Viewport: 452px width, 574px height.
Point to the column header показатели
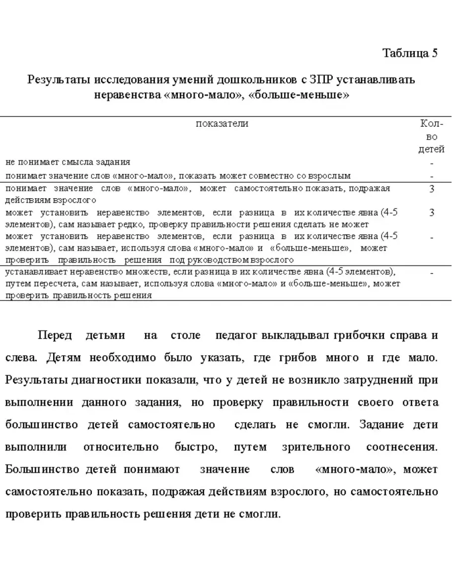(222, 124)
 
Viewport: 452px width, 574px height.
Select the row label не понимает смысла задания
(68, 162)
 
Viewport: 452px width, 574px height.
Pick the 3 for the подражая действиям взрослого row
(432, 189)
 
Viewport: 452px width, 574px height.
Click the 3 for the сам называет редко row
(432, 213)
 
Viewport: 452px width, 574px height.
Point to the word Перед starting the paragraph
(55, 335)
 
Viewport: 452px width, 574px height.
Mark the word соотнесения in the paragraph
(402, 447)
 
